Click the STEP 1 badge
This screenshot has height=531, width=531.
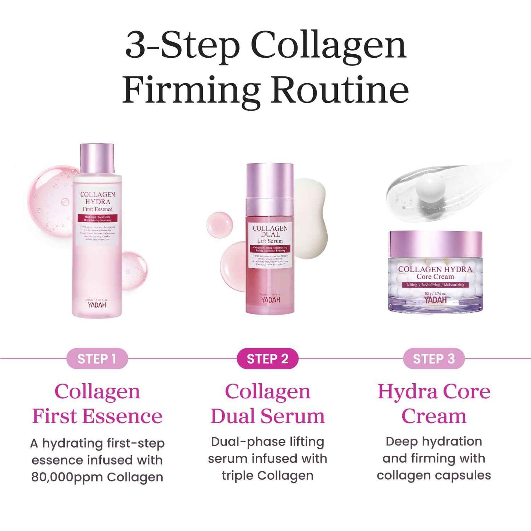coord(97,359)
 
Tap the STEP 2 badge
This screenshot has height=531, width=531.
coord(267,359)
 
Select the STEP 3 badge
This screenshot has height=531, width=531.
coord(434,359)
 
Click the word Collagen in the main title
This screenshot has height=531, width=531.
coord(328,46)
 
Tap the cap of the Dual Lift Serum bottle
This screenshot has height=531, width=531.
coord(270,180)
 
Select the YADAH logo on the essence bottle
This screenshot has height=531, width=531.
coord(97,305)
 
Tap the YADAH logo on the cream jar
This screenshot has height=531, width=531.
coord(435,300)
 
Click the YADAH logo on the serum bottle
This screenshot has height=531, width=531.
coord(270,300)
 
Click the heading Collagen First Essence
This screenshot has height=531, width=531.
coord(97,403)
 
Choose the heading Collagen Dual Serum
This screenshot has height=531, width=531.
coord(267,403)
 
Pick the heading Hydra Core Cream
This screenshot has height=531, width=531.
coord(434,403)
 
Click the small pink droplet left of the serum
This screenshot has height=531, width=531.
coord(219,225)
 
